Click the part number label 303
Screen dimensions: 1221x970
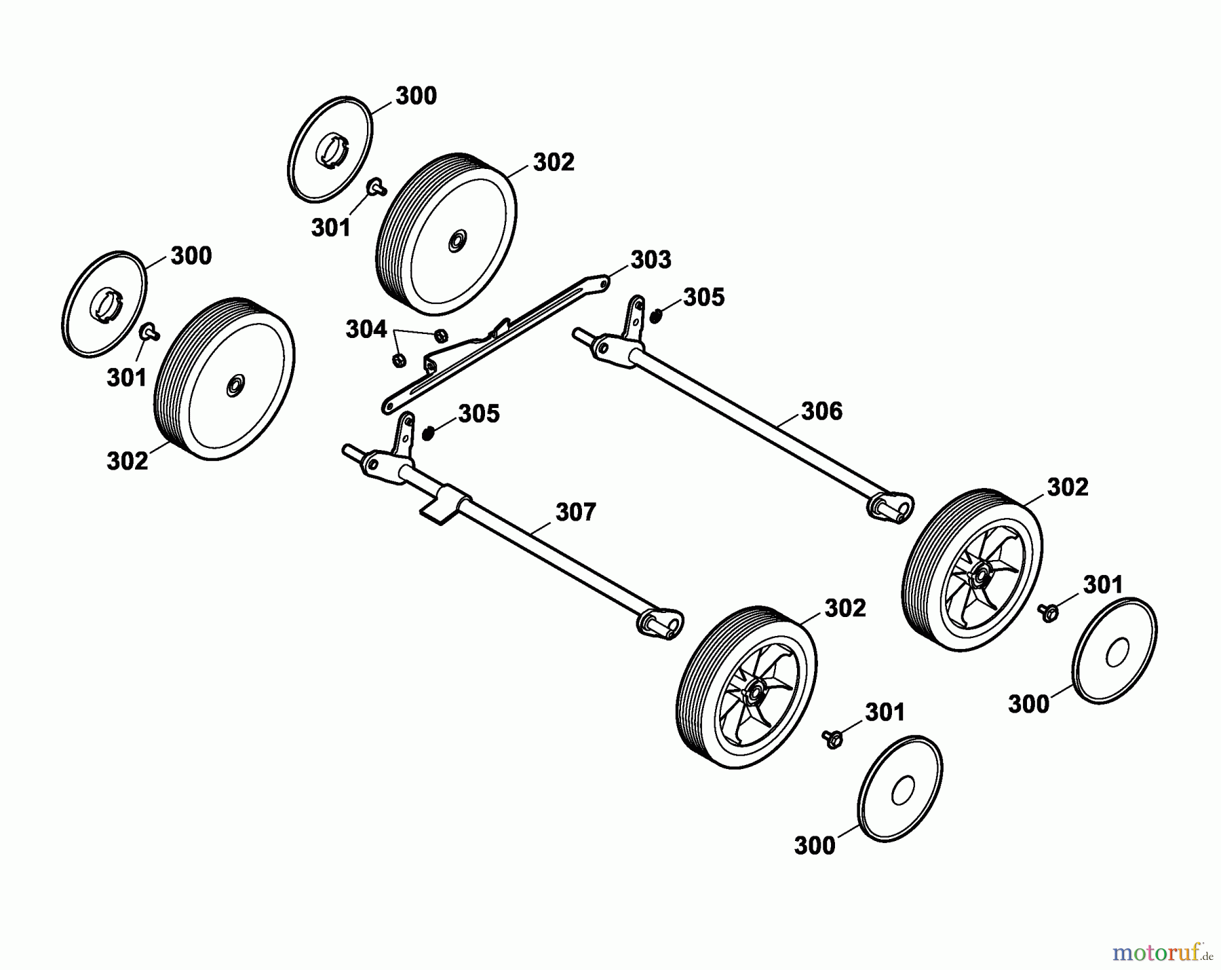(x=651, y=260)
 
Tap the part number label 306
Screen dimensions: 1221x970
(x=821, y=411)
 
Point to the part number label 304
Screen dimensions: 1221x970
(x=366, y=330)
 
